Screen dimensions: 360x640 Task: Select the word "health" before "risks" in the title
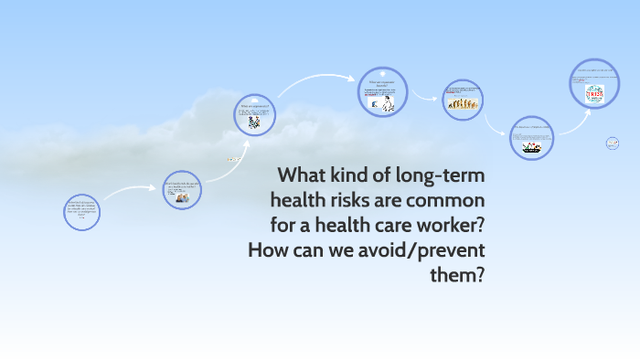pyautogui.click(x=302, y=199)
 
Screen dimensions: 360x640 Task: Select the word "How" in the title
pyautogui.click(x=268, y=249)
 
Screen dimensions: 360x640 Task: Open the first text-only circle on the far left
pyautogui.click(x=81, y=211)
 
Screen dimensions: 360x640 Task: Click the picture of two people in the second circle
pyautogui.click(x=183, y=197)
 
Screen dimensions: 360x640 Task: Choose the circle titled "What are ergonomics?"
pyautogui.click(x=255, y=116)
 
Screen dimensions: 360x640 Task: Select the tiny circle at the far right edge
pyautogui.click(x=613, y=143)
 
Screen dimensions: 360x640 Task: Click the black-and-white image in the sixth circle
pyautogui.click(x=530, y=144)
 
